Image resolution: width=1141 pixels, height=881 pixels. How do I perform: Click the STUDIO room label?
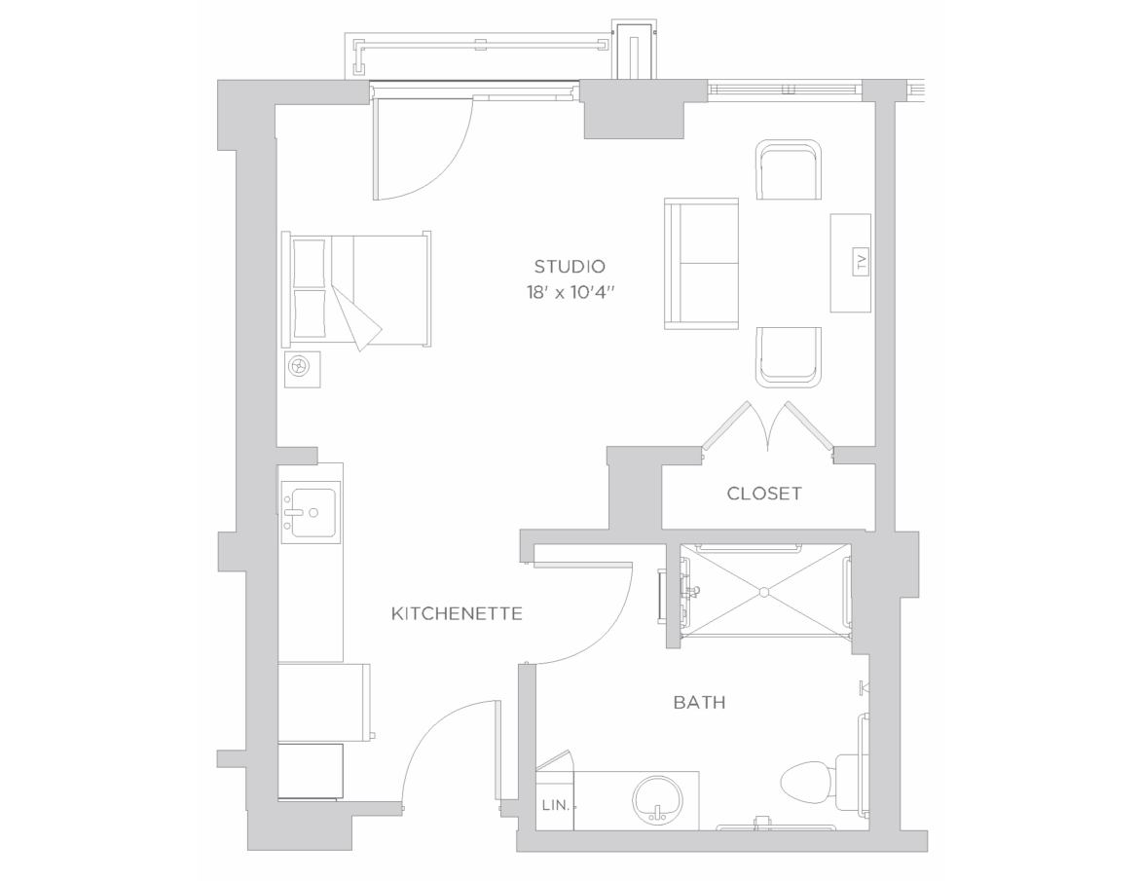click(570, 267)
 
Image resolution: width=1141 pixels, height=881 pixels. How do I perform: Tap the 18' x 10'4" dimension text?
click(572, 292)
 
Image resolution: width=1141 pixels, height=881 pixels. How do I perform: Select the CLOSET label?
click(764, 494)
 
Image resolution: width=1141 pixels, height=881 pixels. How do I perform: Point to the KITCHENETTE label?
click(457, 613)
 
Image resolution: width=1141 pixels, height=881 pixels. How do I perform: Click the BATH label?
click(699, 703)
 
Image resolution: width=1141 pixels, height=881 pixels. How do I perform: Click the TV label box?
click(862, 261)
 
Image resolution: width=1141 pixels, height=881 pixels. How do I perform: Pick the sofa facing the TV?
click(702, 264)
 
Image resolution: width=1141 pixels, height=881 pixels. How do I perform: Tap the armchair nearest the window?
click(789, 169)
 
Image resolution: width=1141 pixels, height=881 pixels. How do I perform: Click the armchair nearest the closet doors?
click(789, 356)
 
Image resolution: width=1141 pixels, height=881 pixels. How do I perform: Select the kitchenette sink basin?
click(313, 512)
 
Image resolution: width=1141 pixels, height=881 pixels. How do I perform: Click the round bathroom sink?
click(658, 799)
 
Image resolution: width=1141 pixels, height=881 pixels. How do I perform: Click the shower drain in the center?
click(765, 592)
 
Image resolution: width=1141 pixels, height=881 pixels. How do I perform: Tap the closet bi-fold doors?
click(767, 430)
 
